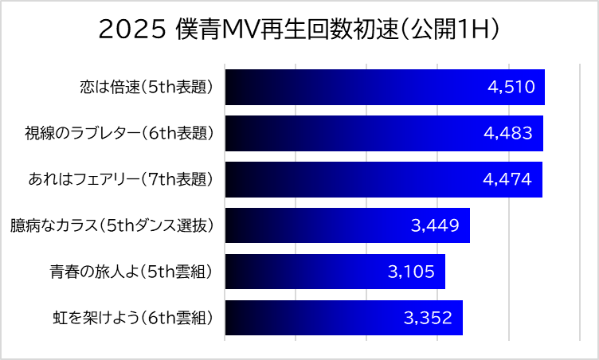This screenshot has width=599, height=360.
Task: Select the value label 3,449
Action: click(x=435, y=225)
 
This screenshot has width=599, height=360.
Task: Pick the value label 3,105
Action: click(x=411, y=272)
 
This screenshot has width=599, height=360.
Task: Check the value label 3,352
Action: click(x=428, y=319)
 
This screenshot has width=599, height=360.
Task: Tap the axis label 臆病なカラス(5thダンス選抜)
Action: click(x=112, y=225)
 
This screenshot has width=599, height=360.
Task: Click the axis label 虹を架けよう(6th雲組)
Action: click(x=133, y=318)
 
